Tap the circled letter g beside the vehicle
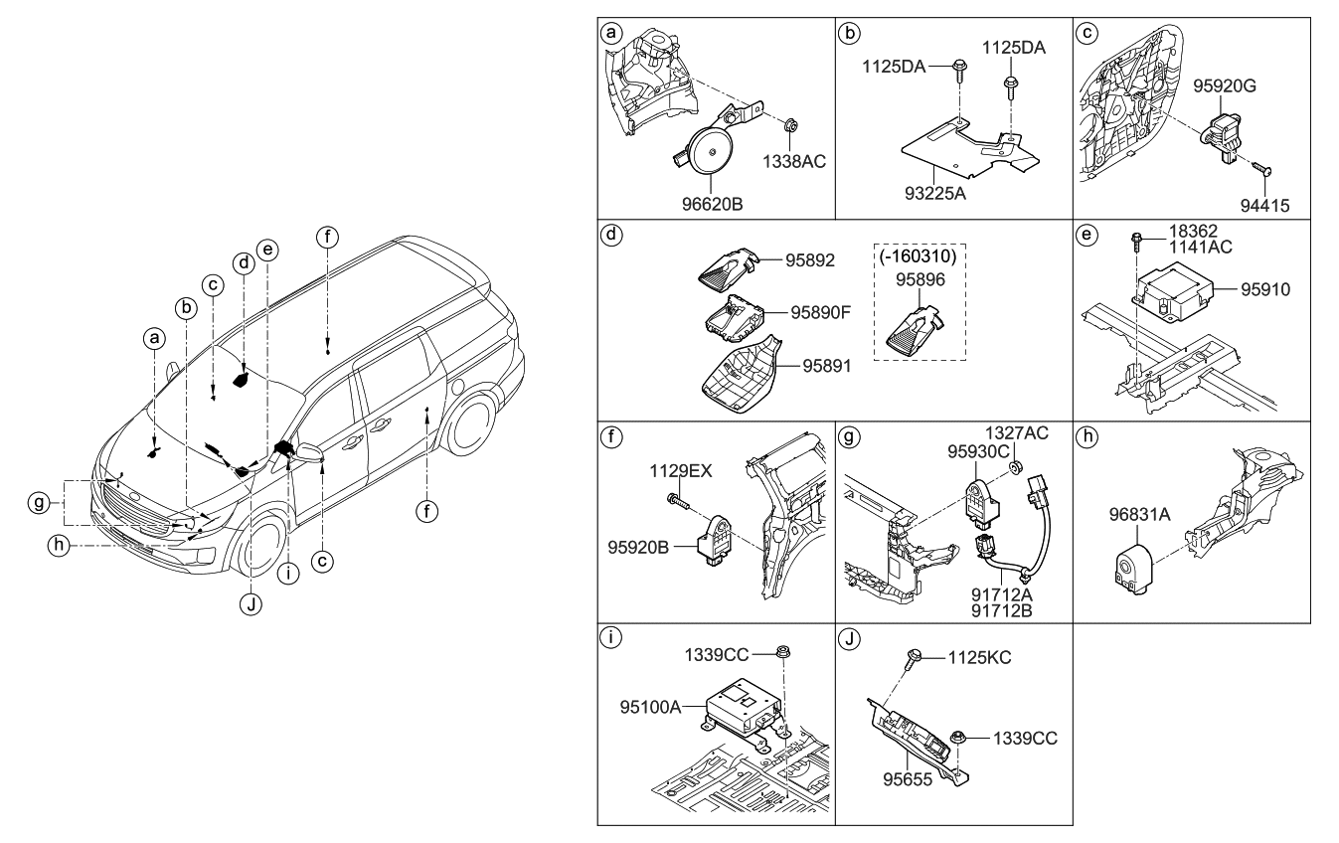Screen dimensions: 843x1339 39,504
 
